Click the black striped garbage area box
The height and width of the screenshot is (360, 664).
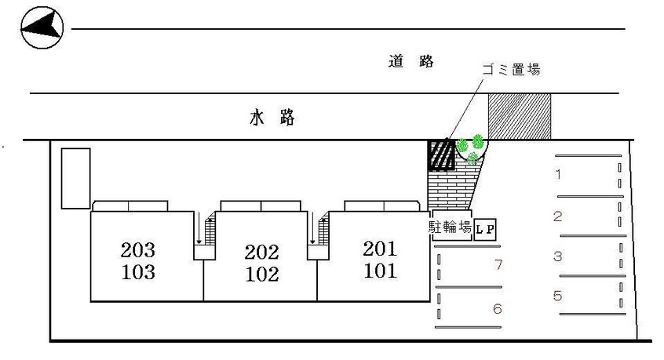pyautogui.click(x=441, y=155)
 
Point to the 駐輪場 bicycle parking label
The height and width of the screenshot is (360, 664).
pyautogui.click(x=450, y=227)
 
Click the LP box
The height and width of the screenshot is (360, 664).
pyautogui.click(x=485, y=228)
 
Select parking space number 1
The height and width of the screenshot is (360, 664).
pyautogui.click(x=558, y=174)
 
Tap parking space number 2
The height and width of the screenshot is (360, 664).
pyautogui.click(x=557, y=216)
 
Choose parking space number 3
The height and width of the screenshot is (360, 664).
pyautogui.click(x=557, y=256)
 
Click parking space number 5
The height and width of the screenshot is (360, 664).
pyautogui.click(x=557, y=296)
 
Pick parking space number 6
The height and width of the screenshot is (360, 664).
pyautogui.click(x=497, y=309)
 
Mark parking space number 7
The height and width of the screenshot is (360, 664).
pyautogui.click(x=497, y=264)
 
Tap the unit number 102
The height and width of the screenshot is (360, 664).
pyautogui.click(x=261, y=275)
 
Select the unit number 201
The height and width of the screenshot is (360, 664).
pyautogui.click(x=380, y=250)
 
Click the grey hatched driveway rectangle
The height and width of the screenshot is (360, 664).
pyautogui.click(x=520, y=115)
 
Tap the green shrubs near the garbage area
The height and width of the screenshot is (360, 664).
pyautogui.click(x=470, y=147)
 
